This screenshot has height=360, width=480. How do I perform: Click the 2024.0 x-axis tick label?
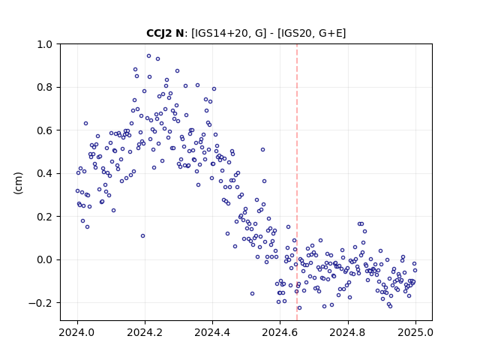[x=77, y=332]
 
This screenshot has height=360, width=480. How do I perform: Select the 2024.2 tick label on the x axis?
[x=145, y=332]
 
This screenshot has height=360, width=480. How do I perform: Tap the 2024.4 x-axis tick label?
[x=212, y=332]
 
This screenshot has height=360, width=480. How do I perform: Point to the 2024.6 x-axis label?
[x=280, y=332]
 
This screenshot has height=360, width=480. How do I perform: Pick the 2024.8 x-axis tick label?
[x=347, y=332]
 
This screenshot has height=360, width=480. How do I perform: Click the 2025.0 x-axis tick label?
[x=415, y=332]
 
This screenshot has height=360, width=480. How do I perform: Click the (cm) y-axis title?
[x=18, y=183]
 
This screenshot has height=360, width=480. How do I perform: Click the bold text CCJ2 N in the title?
[x=165, y=33]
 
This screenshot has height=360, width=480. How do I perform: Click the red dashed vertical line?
[x=297, y=182]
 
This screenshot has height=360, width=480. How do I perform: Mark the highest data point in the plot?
[x=148, y=56]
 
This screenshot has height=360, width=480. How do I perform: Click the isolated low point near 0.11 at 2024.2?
[x=142, y=236]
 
